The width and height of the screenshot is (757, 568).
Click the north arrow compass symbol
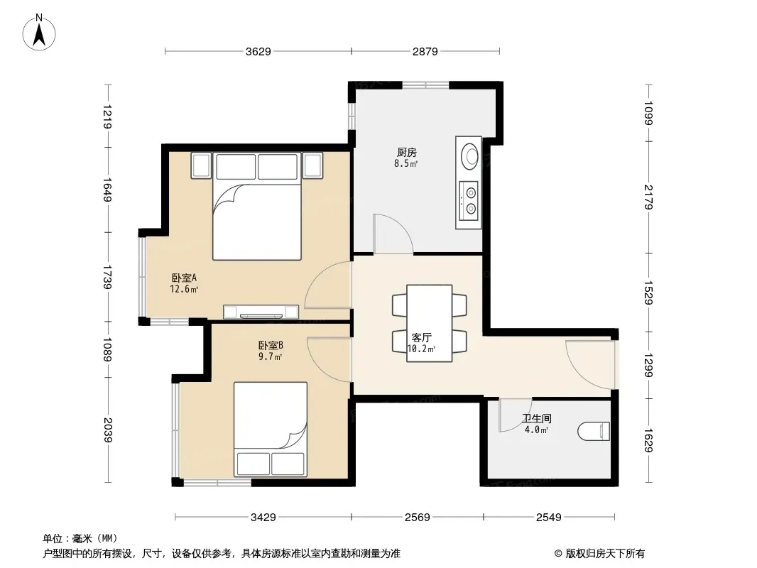(39, 33)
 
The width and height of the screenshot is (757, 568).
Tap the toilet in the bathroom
(594, 431)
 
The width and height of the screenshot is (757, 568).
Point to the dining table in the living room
(429, 323)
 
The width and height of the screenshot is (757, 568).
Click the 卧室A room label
(184, 278)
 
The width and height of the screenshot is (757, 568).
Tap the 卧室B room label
(271, 346)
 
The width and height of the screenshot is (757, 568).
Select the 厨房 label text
(406, 153)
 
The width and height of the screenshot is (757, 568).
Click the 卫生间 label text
(536, 418)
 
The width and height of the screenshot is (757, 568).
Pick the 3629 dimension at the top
(258, 51)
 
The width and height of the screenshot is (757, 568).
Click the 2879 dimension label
(425, 51)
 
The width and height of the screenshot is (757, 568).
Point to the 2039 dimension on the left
(108, 430)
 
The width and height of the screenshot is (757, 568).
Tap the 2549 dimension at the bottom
(549, 518)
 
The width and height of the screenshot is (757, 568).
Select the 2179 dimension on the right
(648, 197)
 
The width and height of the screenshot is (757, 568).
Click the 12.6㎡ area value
(184, 289)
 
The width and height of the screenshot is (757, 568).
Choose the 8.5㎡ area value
(406, 163)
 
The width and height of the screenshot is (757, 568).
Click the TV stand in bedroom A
(261, 312)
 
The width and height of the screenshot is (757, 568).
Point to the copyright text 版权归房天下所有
(605, 554)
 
